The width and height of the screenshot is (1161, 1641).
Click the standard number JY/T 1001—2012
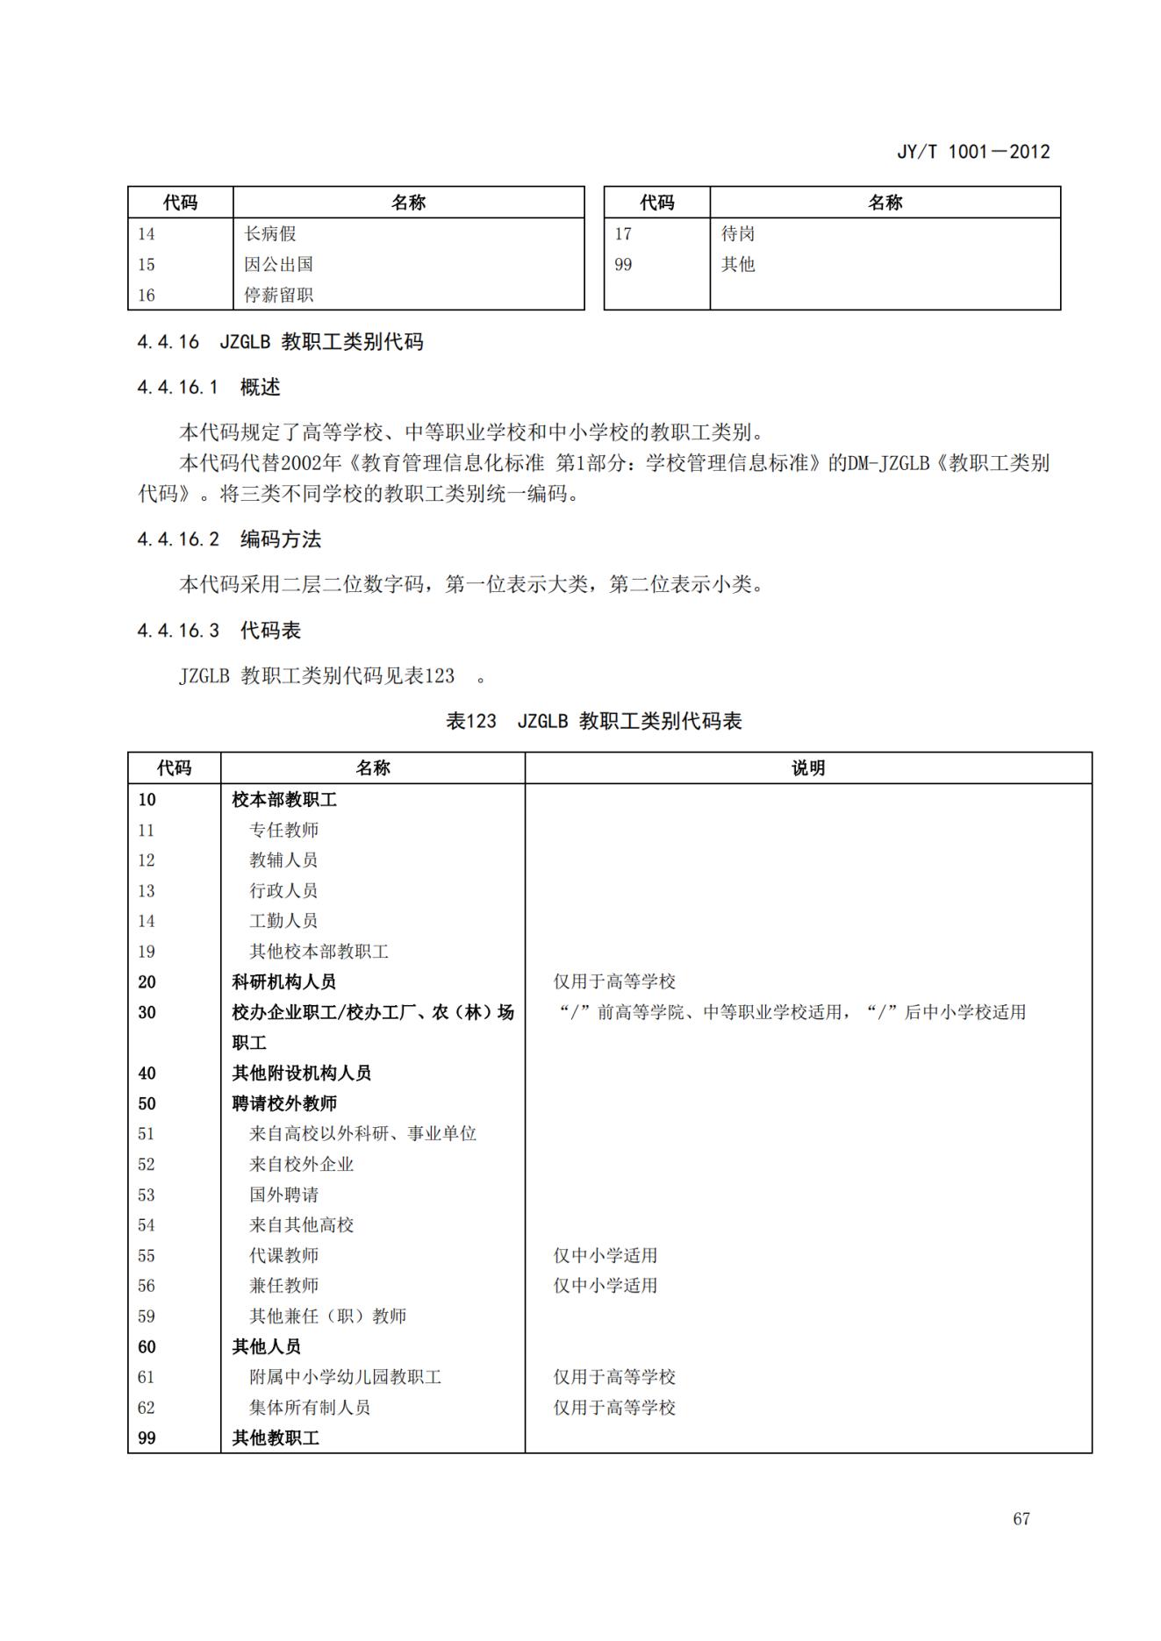[x=972, y=151]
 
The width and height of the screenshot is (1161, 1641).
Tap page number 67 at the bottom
[x=1021, y=1518]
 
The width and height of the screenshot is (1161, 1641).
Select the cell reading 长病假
[x=270, y=233]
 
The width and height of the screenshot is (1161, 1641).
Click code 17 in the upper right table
[x=623, y=233]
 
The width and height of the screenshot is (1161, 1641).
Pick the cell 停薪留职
[x=278, y=295]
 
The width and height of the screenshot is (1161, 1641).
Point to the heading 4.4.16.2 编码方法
[x=229, y=539]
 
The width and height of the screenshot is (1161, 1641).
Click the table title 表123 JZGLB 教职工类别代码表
[x=593, y=721]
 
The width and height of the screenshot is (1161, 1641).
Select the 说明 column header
[x=807, y=767]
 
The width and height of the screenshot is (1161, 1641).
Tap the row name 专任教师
[x=283, y=829]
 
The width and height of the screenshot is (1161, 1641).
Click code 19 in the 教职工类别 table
[x=147, y=951]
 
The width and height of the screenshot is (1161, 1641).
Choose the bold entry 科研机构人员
[x=283, y=981]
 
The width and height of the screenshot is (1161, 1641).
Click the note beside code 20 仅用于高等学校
[x=614, y=981]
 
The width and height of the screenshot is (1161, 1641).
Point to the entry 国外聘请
[x=283, y=1194]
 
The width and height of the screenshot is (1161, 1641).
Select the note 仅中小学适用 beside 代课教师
[x=605, y=1255]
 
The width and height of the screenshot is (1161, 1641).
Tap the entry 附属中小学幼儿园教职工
[x=345, y=1376]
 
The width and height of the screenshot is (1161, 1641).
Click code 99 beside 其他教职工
[x=147, y=1438]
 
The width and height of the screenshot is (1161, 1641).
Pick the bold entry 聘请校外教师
[x=284, y=1102]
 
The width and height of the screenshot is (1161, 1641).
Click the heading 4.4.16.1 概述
[x=209, y=387]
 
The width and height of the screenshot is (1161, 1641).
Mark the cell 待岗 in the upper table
[x=738, y=233]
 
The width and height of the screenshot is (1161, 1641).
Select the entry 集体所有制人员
[x=310, y=1407]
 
